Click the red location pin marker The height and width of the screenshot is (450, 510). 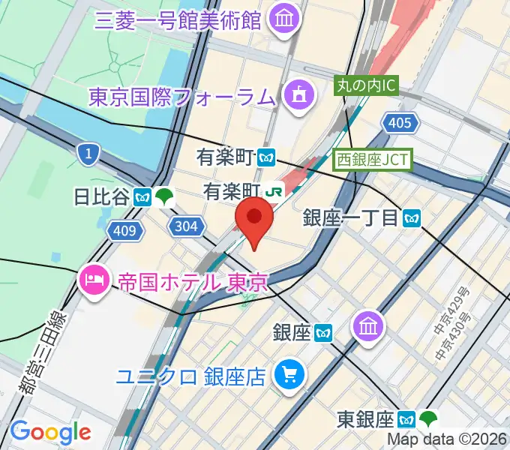pyautogui.click(x=254, y=219)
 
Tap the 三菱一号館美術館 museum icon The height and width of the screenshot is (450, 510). pyautogui.click(x=284, y=18)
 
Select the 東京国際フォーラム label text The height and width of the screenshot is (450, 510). pyautogui.click(x=182, y=96)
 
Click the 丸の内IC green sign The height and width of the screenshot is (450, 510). pyautogui.click(x=365, y=86)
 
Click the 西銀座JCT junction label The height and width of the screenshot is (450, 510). pyautogui.click(x=373, y=159)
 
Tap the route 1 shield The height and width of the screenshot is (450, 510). pyautogui.click(x=88, y=154)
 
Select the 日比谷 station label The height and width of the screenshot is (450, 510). pyautogui.click(x=100, y=197)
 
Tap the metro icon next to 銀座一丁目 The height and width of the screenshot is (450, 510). pyautogui.click(x=411, y=218)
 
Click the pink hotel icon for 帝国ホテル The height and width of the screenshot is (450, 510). pyautogui.click(x=93, y=282)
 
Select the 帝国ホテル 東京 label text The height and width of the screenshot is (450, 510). pyautogui.click(x=193, y=283)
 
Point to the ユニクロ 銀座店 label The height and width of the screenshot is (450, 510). pyautogui.click(x=190, y=376)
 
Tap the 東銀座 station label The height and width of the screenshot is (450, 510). pyautogui.click(x=365, y=418)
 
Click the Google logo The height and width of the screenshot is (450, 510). pyautogui.click(x=49, y=432)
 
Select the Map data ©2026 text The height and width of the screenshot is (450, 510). pyautogui.click(x=448, y=439)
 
